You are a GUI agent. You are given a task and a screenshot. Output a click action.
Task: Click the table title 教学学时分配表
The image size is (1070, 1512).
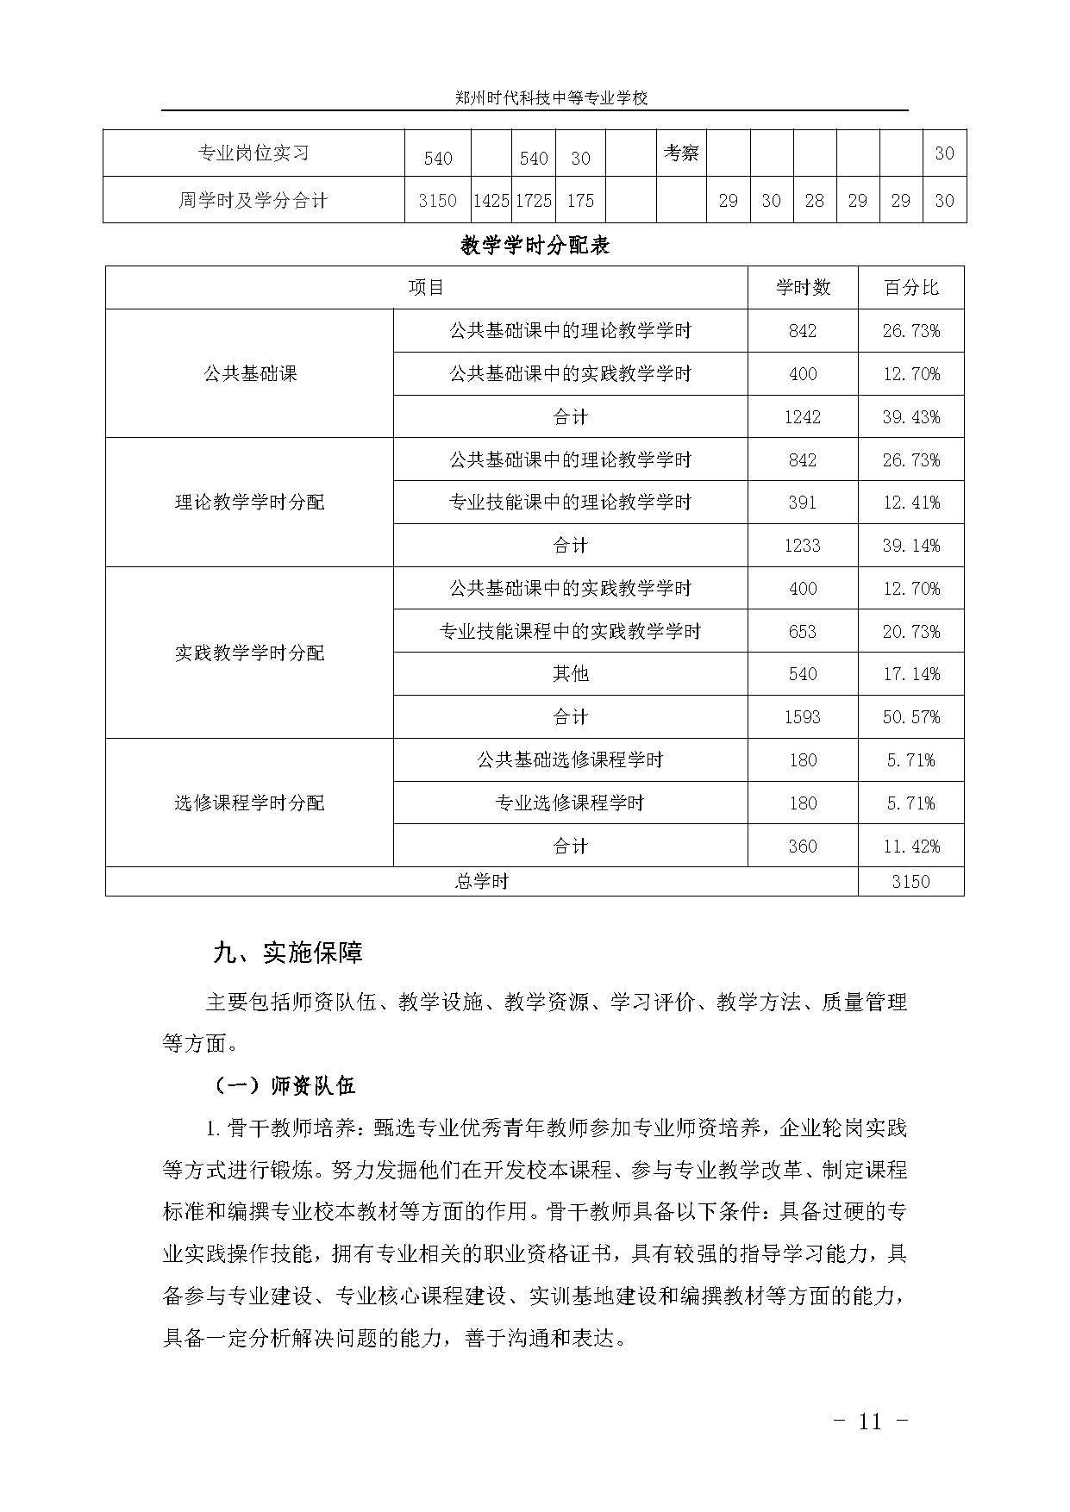point(535,246)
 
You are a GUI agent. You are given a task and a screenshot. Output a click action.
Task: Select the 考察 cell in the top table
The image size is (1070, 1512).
point(681,153)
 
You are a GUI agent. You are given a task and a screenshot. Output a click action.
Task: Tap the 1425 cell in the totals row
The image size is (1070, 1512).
point(491,201)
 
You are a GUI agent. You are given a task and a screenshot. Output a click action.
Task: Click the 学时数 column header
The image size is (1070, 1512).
point(802,288)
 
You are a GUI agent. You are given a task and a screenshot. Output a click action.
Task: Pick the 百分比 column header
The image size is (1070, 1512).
point(910,288)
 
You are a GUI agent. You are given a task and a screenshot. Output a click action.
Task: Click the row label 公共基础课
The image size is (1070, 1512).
point(250,374)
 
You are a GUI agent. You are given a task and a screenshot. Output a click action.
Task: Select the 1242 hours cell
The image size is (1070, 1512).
point(802,417)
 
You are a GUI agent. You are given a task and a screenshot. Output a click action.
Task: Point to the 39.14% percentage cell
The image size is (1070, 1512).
point(910,546)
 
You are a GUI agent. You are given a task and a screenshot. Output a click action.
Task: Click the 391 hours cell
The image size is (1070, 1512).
point(802,503)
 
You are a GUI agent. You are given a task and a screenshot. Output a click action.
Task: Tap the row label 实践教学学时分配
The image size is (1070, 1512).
point(250,653)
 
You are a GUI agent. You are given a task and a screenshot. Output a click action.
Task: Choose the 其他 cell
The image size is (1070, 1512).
point(570,674)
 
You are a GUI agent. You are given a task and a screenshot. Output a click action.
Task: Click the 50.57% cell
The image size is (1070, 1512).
point(910,717)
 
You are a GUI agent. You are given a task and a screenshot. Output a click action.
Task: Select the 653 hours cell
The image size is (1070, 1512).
point(802,632)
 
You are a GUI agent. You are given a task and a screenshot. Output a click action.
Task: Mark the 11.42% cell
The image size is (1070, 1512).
point(910,847)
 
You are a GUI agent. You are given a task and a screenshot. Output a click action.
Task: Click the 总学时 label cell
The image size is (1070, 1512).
point(481,881)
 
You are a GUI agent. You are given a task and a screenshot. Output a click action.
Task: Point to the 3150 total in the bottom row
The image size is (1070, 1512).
point(910,881)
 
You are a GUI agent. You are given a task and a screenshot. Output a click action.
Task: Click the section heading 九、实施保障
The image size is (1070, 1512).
point(288,953)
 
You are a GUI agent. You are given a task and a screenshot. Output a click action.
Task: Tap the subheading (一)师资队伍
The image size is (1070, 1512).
point(283,1085)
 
